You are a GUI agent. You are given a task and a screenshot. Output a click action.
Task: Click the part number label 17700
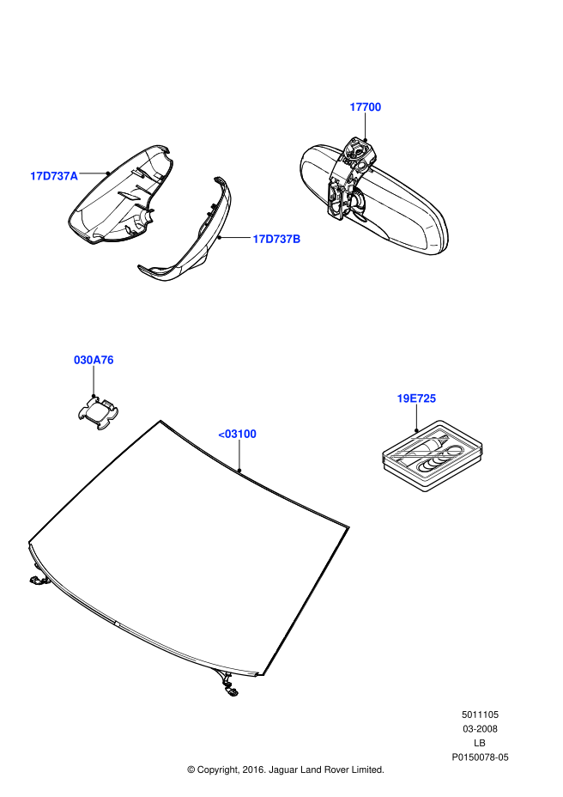click(365, 107)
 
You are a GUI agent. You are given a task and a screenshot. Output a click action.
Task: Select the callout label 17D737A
click(54, 176)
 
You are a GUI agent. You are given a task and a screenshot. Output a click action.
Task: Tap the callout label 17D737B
click(276, 239)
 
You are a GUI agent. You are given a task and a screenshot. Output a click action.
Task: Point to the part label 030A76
click(94, 360)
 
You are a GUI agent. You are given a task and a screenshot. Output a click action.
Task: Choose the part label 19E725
click(416, 398)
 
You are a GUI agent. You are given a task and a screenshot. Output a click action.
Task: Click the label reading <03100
click(237, 434)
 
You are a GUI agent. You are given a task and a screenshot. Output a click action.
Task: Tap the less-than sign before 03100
click(221, 435)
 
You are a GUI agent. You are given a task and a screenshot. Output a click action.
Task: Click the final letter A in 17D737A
click(74, 176)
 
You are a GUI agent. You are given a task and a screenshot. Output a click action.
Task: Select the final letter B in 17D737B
click(297, 239)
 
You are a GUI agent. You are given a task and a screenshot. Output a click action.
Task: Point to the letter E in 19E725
click(413, 398)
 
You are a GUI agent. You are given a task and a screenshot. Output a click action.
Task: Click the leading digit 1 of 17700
click(353, 107)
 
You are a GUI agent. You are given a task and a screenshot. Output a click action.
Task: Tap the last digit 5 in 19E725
click(433, 398)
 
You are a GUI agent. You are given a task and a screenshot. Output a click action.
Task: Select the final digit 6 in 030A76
click(110, 360)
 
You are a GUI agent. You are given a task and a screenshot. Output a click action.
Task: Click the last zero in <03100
click(252, 434)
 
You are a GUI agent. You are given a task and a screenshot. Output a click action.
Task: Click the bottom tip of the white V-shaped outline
click(425, 478)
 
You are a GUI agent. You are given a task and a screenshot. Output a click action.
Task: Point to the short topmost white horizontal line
click(430, 438)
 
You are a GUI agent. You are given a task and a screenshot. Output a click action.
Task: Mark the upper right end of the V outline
click(481, 447)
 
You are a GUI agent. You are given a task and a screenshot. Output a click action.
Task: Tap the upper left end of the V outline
click(384, 456)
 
